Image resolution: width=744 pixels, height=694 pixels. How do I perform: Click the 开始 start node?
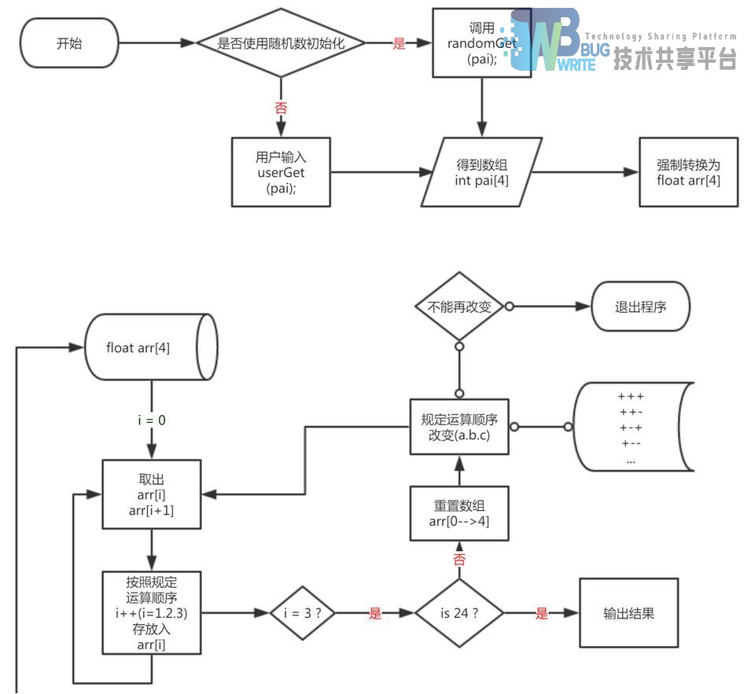[68, 43]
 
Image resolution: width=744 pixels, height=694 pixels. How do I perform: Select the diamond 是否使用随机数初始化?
[281, 43]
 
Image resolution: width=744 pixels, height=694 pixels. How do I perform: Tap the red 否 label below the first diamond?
[281, 108]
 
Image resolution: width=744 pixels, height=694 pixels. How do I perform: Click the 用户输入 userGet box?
[281, 172]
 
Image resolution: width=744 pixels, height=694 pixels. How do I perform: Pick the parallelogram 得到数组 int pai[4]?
[481, 172]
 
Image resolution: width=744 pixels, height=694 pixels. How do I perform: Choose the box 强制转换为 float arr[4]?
[688, 172]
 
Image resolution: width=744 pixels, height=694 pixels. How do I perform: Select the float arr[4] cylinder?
[149, 347]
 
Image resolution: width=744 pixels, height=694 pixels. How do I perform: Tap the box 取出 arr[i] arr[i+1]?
[151, 494]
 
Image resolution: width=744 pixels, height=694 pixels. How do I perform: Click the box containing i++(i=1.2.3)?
[151, 613]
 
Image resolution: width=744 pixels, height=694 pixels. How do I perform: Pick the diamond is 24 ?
[459, 613]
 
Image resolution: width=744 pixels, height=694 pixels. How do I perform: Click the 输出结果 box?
[628, 613]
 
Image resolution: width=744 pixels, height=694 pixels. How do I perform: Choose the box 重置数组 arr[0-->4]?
[459, 512]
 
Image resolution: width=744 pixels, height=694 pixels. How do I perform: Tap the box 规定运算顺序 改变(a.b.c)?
[459, 426]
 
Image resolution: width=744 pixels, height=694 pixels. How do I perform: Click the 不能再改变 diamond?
[459, 307]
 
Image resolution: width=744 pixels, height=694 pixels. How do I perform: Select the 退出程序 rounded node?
[640, 307]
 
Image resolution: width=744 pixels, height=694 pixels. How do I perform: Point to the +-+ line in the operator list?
[631, 428]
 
